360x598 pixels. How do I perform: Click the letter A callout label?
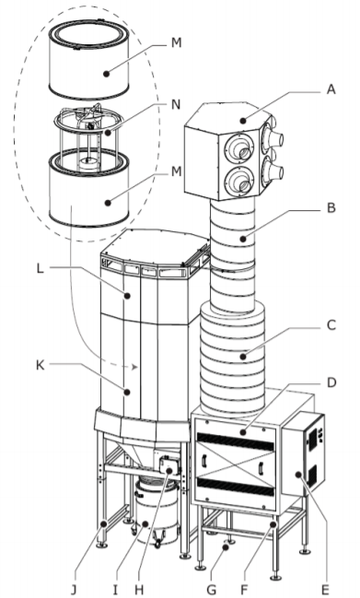[331, 89]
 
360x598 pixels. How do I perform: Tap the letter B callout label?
[331, 208]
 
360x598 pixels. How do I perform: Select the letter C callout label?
[331, 325]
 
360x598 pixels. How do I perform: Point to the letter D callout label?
[331, 382]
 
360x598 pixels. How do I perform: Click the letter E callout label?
[325, 590]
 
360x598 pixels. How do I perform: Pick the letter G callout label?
[211, 590]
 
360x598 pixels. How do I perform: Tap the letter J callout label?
[74, 590]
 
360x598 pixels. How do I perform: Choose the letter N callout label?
[176, 104]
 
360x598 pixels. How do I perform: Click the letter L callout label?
[40, 268]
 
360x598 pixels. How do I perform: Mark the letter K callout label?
[40, 365]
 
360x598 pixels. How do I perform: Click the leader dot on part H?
[169, 471]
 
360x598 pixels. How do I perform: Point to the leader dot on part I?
[145, 524]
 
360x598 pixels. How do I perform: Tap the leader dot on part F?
[273, 525]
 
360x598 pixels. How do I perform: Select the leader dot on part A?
[243, 121]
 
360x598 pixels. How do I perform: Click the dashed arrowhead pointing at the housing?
[134, 367]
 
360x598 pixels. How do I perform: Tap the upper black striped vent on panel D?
[235, 441]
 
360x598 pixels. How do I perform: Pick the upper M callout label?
[176, 43]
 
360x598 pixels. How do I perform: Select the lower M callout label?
[176, 171]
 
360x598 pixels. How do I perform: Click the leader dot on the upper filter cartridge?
[107, 74]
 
